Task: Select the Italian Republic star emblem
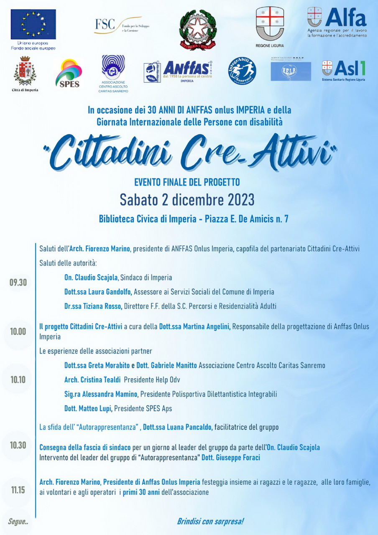[x=198, y=29]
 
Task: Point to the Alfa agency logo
[x=337, y=22]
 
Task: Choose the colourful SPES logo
[x=69, y=73]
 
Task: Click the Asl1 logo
[x=344, y=69]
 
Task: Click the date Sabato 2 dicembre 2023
[x=187, y=199]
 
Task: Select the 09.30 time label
[x=18, y=283]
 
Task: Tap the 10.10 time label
[x=18, y=380]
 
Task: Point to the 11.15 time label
[x=18, y=490]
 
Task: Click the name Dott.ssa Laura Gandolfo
[x=98, y=292]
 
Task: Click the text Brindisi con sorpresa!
[x=210, y=521]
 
